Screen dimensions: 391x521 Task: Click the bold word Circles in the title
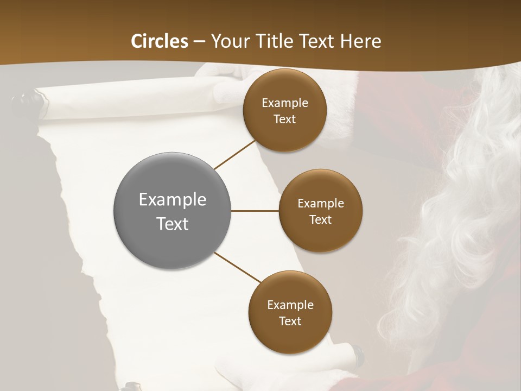click(160, 41)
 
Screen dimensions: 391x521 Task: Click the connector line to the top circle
click(235, 154)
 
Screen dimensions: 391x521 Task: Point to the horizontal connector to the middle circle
click(255, 211)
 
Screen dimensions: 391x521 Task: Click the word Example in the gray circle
click(173, 199)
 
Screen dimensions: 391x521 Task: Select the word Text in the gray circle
click(173, 224)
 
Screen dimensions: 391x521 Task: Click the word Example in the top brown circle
click(284, 103)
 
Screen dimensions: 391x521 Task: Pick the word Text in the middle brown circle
click(320, 219)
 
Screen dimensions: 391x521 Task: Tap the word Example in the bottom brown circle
click(290, 305)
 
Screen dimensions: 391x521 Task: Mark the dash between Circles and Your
click(199, 41)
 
